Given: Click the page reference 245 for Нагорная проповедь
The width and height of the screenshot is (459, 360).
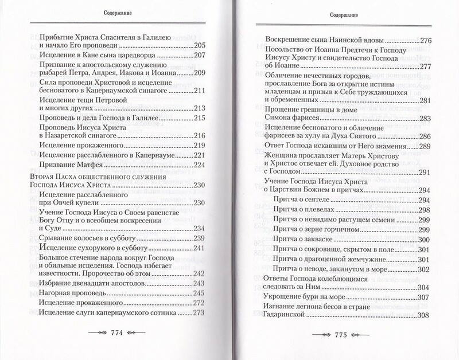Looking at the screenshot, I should pyautogui.click(x=200, y=293).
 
